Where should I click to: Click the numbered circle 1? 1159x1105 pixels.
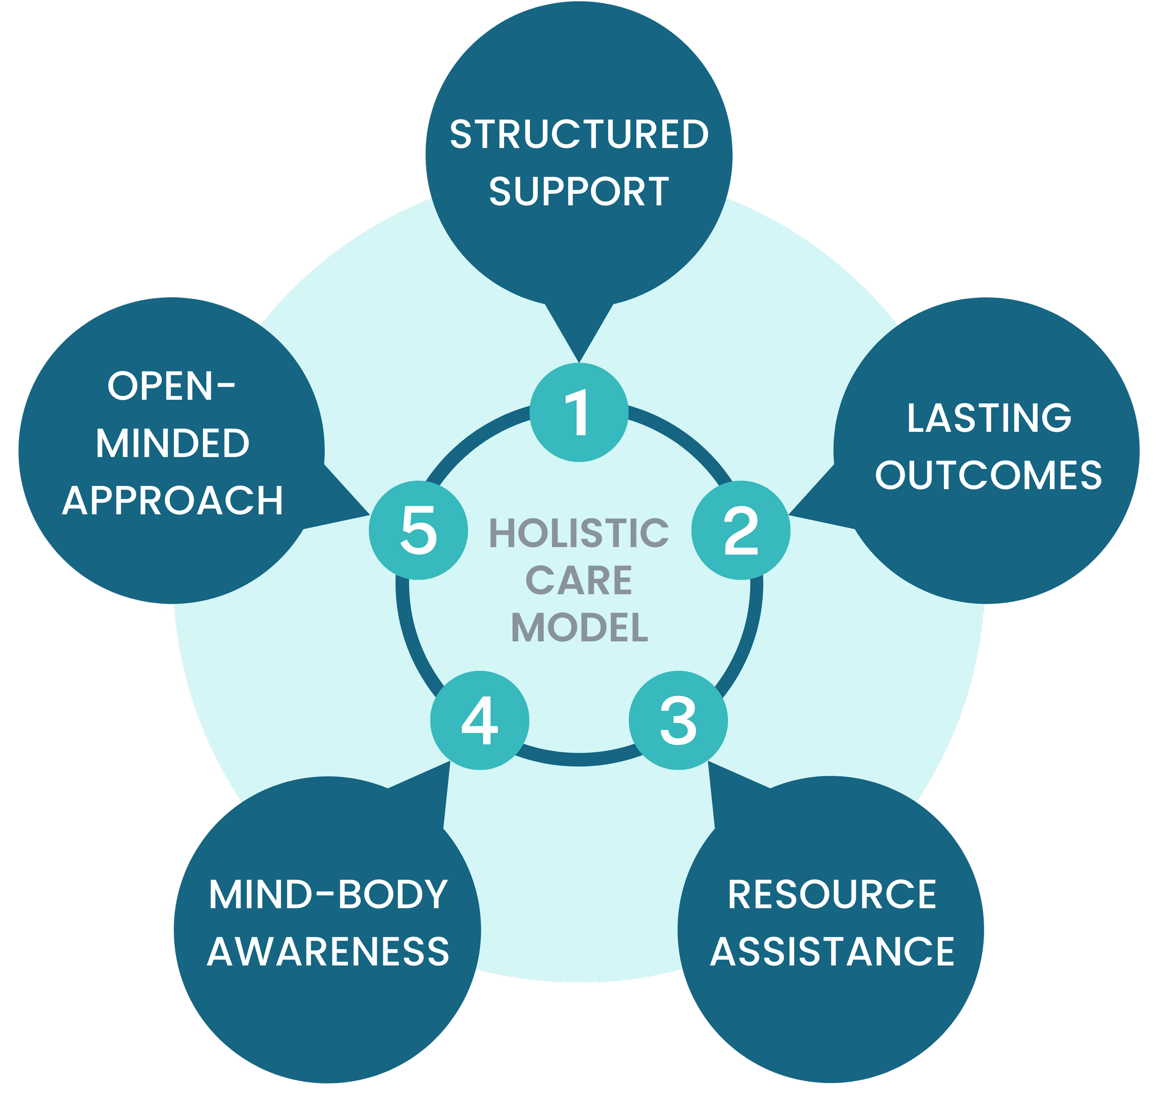point(579,412)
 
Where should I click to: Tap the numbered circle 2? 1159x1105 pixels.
point(740,530)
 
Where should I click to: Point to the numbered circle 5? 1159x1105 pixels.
point(419,530)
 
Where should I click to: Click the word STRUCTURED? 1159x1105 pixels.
point(579,134)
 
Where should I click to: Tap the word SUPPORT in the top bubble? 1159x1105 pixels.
point(579,192)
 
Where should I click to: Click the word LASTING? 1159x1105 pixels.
point(989,418)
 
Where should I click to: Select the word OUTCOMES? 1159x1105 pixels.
point(988,475)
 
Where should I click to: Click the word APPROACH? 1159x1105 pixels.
point(172,501)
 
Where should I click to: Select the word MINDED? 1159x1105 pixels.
point(172,444)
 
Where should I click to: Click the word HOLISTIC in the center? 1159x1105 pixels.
point(579,534)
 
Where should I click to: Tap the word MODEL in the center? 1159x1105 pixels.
point(579,628)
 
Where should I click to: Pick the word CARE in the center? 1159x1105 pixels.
point(579,581)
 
